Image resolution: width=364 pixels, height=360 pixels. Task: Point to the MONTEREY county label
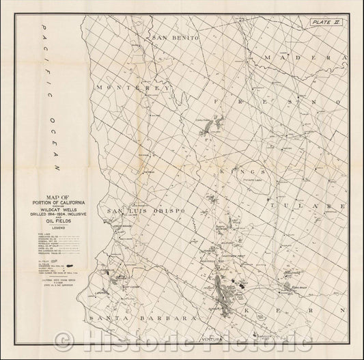(x=132, y=88)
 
